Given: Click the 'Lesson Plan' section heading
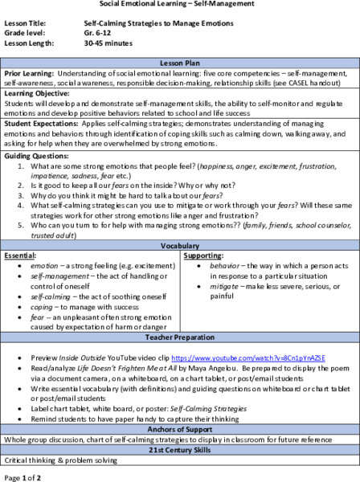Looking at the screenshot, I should click(x=180, y=84).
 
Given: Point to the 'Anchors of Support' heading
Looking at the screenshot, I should click(x=180, y=432).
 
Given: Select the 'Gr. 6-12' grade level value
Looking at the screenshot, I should click(x=99, y=38).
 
